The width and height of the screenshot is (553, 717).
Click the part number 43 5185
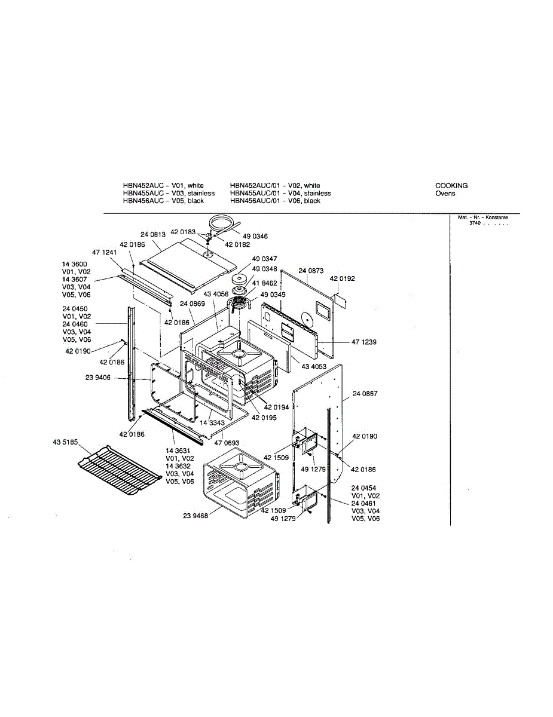65,442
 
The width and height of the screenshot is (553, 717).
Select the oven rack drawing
116,469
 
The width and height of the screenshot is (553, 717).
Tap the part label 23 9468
195,516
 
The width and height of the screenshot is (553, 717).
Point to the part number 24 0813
153,234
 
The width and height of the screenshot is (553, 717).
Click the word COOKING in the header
451,186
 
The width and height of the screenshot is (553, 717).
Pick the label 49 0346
256,237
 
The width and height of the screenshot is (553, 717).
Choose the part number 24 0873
311,271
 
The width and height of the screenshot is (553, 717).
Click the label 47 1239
364,342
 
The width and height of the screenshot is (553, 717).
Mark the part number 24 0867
365,394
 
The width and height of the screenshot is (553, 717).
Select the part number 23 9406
98,378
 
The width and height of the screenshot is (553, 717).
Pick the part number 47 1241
104,252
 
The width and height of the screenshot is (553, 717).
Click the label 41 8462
264,283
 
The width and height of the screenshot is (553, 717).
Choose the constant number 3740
475,223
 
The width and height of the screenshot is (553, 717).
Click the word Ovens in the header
445,194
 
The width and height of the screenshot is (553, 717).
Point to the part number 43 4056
216,294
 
